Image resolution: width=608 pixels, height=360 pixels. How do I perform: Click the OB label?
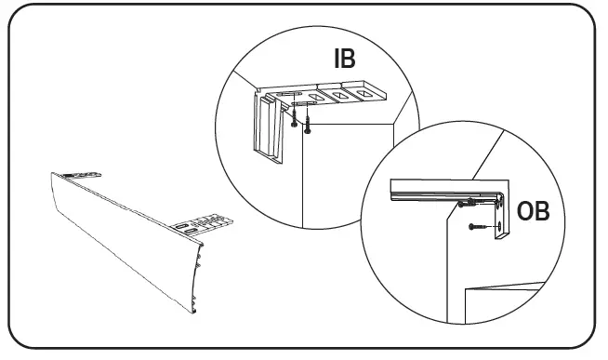pyautogui.click(x=532, y=211)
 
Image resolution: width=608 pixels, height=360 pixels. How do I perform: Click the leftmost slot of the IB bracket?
pyautogui.click(x=287, y=95)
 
